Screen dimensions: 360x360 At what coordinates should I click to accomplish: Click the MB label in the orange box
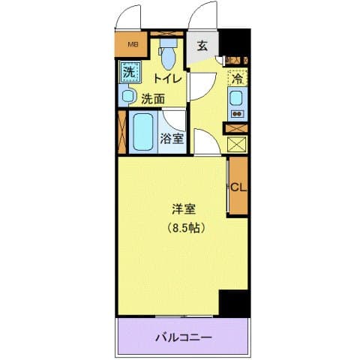(133, 43)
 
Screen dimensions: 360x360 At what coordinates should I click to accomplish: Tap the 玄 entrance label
(202, 45)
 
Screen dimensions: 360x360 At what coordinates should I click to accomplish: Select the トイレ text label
(167, 78)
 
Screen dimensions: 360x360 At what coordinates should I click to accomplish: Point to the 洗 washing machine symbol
(129, 73)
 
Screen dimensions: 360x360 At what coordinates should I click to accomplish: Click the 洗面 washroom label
(154, 97)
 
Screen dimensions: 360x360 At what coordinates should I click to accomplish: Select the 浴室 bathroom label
(172, 138)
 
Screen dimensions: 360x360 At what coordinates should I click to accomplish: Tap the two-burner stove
(237, 114)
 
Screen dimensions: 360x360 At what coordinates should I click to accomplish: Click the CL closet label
(238, 187)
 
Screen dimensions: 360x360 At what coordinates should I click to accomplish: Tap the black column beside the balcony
(233, 303)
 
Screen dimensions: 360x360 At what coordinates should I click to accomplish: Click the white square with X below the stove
(237, 143)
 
